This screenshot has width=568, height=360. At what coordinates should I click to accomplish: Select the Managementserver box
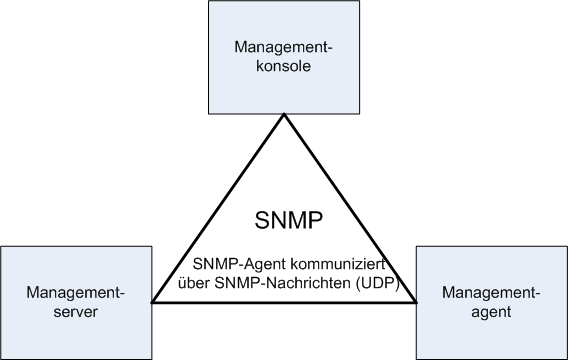(77, 300)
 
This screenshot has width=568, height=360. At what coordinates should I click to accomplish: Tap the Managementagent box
(489, 300)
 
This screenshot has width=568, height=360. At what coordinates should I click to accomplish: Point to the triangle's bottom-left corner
(152, 302)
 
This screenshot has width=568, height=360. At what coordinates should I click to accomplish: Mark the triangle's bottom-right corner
(414, 302)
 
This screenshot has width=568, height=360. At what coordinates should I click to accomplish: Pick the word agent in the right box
(490, 312)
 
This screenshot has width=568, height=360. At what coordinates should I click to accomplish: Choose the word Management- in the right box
(490, 292)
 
